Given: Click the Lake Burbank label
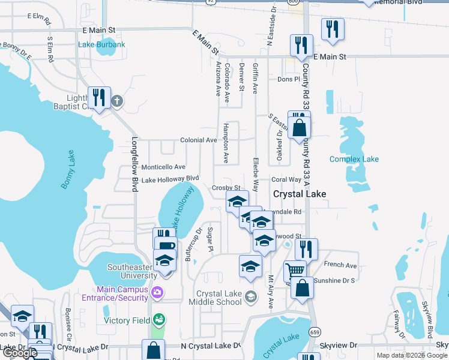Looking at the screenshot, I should [x=102, y=45].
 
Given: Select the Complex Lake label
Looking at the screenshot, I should [x=354, y=159].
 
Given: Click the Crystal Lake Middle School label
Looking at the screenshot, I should [x=220, y=298].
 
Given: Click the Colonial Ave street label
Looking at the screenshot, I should [x=199, y=140].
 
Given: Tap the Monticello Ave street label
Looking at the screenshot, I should [x=163, y=167].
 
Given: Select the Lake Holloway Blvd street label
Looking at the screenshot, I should [x=170, y=179].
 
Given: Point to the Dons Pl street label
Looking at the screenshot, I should [x=288, y=79].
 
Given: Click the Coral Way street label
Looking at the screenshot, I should [x=286, y=179].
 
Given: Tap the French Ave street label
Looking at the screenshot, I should [x=340, y=265].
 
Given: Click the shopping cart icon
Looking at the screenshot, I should [x=294, y=271].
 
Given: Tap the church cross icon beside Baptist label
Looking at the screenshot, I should [x=117, y=101].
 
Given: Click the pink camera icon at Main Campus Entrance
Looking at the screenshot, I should [x=157, y=293].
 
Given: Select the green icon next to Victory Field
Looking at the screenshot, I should [x=158, y=320].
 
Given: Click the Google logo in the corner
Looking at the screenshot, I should [x=19, y=353].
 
